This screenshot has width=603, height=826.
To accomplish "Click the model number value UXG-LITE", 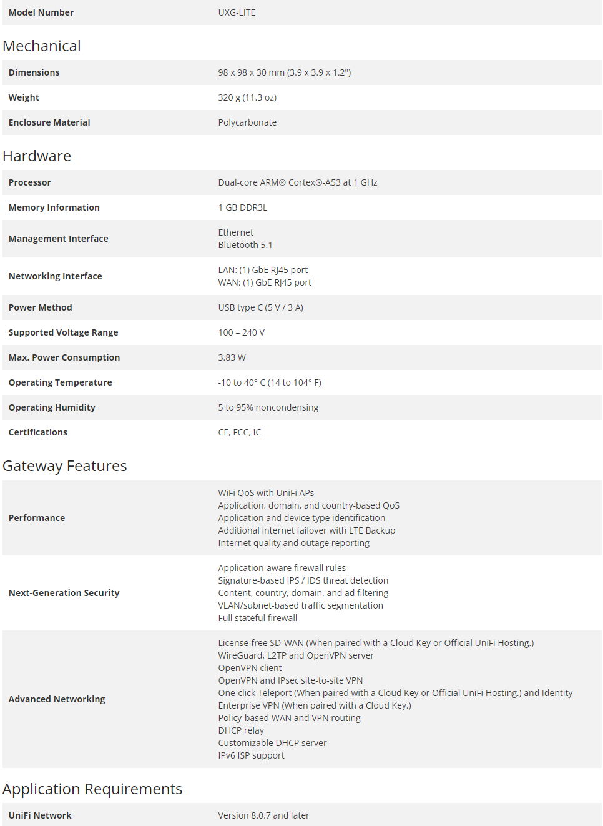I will pos(237,12).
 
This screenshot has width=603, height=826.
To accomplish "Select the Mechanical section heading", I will pos(42,46).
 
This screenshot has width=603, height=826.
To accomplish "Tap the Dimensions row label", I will pos(34,72).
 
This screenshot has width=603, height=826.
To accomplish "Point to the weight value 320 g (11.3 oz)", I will pos(247,97).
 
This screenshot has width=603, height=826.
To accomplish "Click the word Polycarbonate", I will pos(247,122).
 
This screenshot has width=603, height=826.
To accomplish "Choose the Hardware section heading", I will pos(37,156).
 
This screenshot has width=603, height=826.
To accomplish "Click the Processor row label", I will pos(30,182).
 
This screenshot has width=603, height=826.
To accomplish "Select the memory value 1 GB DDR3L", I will pos(243,207).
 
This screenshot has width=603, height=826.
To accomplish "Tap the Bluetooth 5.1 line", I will pos(245,245).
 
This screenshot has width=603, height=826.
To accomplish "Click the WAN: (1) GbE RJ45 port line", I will pos(265,282).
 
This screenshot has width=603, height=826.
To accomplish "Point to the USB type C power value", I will pos(260,307).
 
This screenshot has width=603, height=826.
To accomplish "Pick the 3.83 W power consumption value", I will pos(232,357).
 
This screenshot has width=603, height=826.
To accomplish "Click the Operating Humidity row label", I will pos(52,407).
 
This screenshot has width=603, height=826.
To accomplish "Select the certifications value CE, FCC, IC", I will pos(240,432).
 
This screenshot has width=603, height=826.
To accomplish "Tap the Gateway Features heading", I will pos(65,466).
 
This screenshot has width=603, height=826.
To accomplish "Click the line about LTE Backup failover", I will pos(306,530).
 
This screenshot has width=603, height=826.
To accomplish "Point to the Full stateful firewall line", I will pos(258,618).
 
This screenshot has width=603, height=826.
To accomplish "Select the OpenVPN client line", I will pos(250,668).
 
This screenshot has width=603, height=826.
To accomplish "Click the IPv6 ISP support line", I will pos(251,755).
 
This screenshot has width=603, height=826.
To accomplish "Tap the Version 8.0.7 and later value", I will pos(263,815).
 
